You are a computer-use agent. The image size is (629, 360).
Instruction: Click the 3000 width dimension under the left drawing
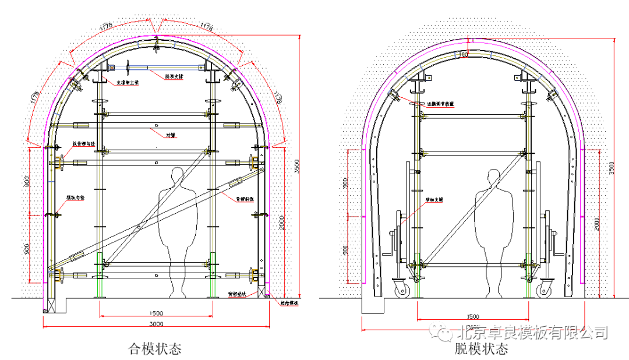tap(156, 323)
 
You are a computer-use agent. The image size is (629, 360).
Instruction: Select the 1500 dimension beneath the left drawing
tap(156, 313)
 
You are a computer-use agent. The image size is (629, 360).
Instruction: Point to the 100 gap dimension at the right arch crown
tap(464, 54)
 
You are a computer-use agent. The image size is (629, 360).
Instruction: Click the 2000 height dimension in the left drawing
tap(281, 222)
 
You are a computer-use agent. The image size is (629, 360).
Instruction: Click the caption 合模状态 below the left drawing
tap(155, 349)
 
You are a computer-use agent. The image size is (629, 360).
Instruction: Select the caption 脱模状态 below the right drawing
tap(481, 349)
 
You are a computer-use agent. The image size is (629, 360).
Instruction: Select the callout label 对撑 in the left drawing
tap(171, 135)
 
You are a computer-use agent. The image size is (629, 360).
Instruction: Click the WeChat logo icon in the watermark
tap(445, 333)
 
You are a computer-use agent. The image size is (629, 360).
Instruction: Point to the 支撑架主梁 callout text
tap(128, 82)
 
